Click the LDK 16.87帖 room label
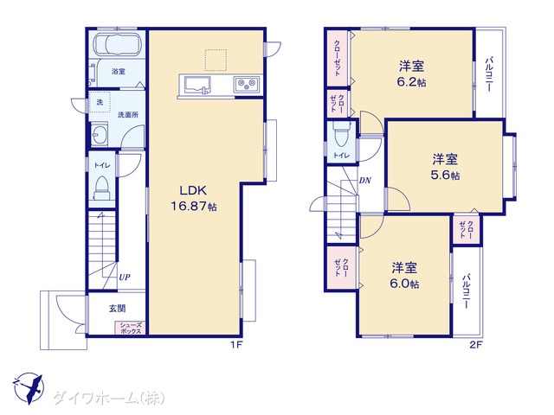click(194, 198)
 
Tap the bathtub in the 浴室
click(118, 44)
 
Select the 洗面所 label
click(128, 115)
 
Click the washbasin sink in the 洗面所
click(99, 134)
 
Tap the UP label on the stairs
click(125, 278)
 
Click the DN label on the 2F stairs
click(365, 181)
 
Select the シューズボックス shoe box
click(131, 329)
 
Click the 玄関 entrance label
click(117, 309)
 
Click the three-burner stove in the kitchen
click(247, 85)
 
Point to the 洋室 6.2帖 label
click(412, 74)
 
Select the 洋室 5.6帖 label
click(445, 167)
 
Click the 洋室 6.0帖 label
click(404, 276)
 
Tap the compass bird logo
click(29, 388)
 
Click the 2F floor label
click(476, 345)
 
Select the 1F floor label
click(236, 345)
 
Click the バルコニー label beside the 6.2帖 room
click(489, 74)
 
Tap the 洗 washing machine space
click(100, 102)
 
